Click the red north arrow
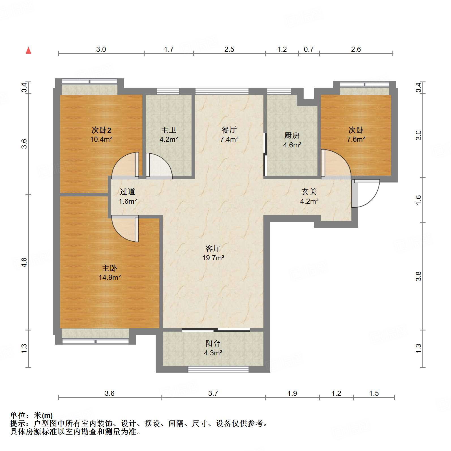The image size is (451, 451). (x=28, y=51)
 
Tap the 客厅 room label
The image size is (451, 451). (x=213, y=248)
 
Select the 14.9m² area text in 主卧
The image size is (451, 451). (x=109, y=277)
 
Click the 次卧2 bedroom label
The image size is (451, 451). (x=101, y=130)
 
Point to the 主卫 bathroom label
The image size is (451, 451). (x=169, y=130)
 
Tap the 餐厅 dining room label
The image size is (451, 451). (x=229, y=130)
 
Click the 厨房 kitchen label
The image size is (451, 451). (x=292, y=136)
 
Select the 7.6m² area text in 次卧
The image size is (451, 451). (x=356, y=139)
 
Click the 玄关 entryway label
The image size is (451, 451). (x=309, y=192)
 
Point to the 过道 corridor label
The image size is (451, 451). (x=127, y=192)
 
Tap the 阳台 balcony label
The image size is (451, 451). (x=213, y=343)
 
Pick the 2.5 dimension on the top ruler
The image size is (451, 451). (x=229, y=50)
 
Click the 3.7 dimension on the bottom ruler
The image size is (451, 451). (x=213, y=393)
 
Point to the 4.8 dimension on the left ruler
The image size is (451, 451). (x=24, y=262)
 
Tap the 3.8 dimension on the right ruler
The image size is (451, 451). (x=419, y=276)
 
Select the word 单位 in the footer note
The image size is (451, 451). (x=18, y=415)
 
